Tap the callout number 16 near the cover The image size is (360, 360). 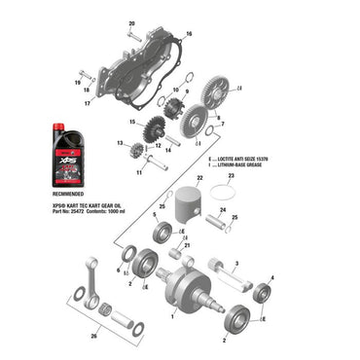pos(189,34)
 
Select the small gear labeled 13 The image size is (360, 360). pos(135,150)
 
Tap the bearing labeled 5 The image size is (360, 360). pos(162,232)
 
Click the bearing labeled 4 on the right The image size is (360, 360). pos(262,293)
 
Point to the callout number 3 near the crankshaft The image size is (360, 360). pos(236,264)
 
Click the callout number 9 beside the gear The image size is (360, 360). pos(186,91)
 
